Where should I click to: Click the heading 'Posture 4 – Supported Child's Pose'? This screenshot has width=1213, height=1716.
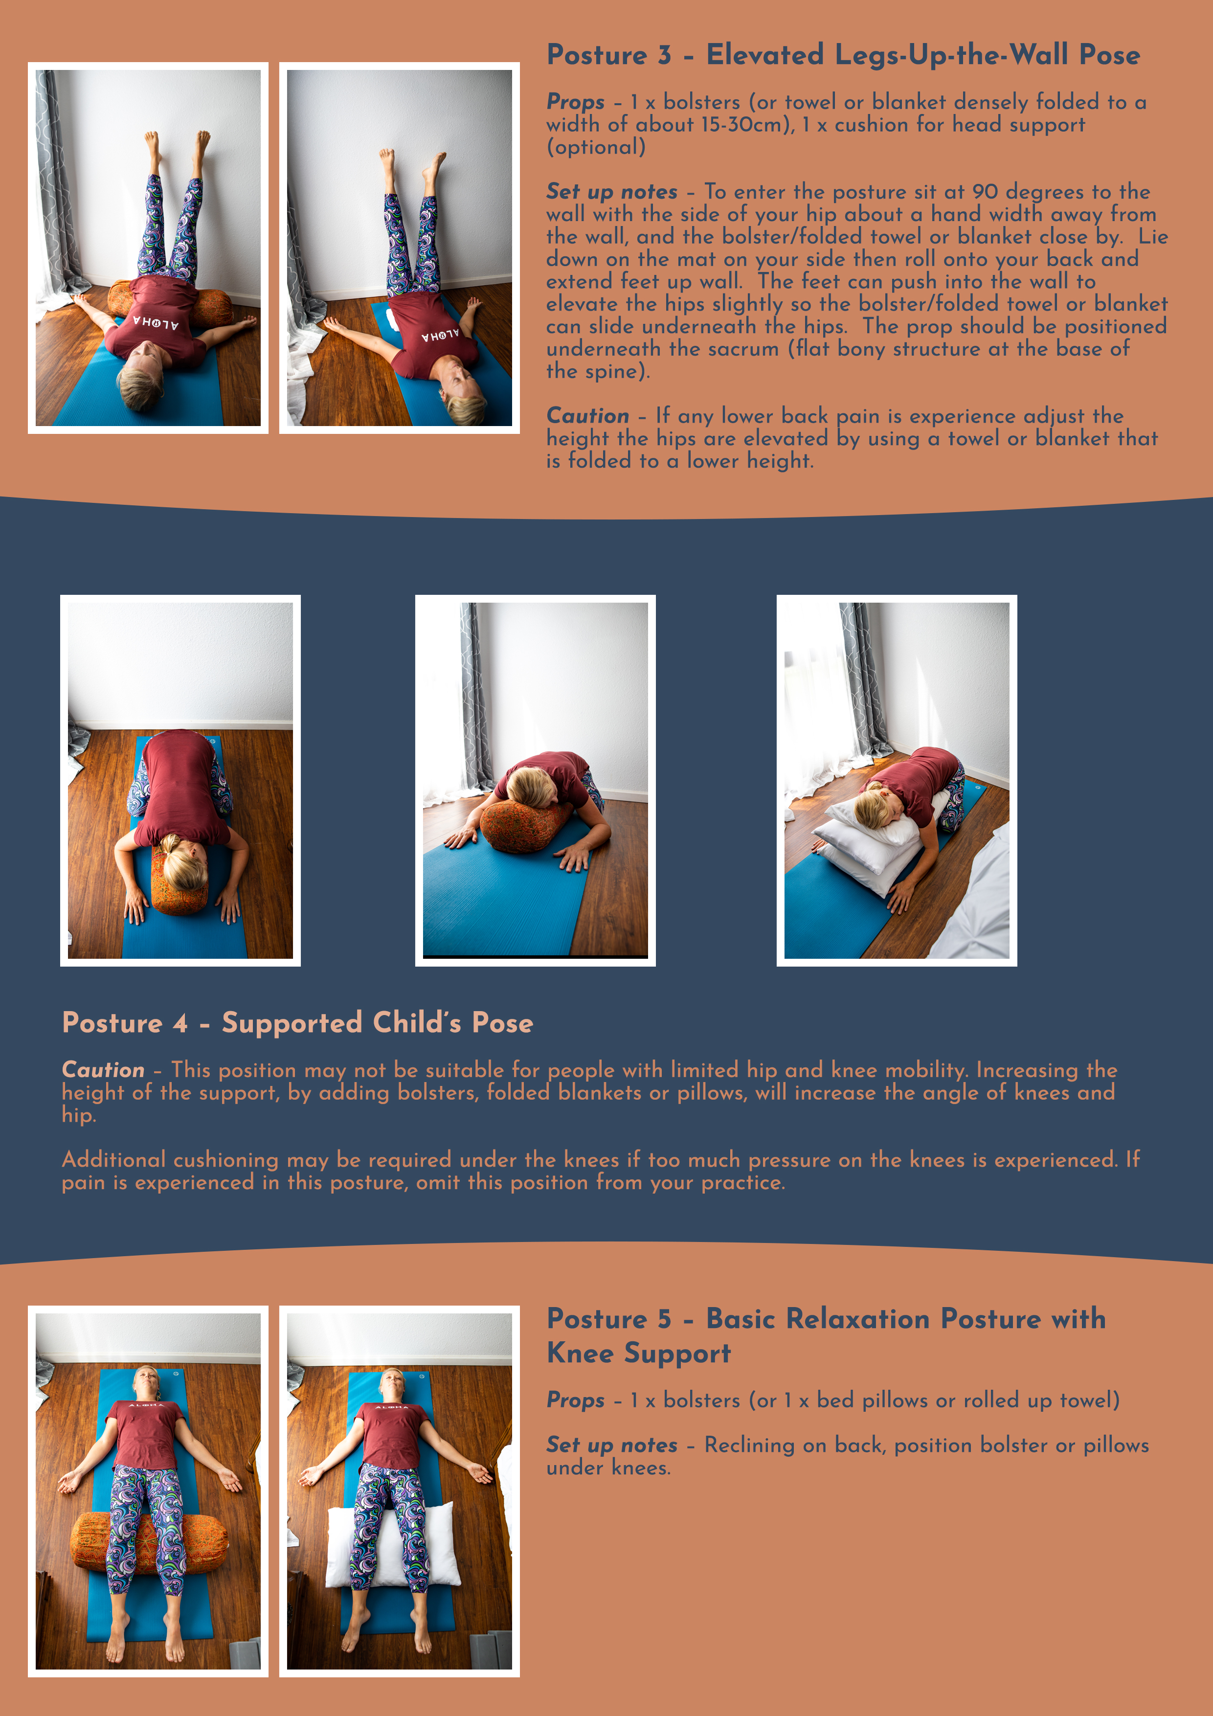pyautogui.click(x=297, y=1022)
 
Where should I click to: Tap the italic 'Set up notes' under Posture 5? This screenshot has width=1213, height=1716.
pyautogui.click(x=611, y=1445)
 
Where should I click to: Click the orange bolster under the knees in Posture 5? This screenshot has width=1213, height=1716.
pyautogui.click(x=93, y=1539)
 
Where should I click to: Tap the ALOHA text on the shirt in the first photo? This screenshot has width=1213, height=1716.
pyautogui.click(x=156, y=323)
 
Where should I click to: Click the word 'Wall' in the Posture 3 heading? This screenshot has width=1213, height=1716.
pyautogui.click(x=1040, y=55)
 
